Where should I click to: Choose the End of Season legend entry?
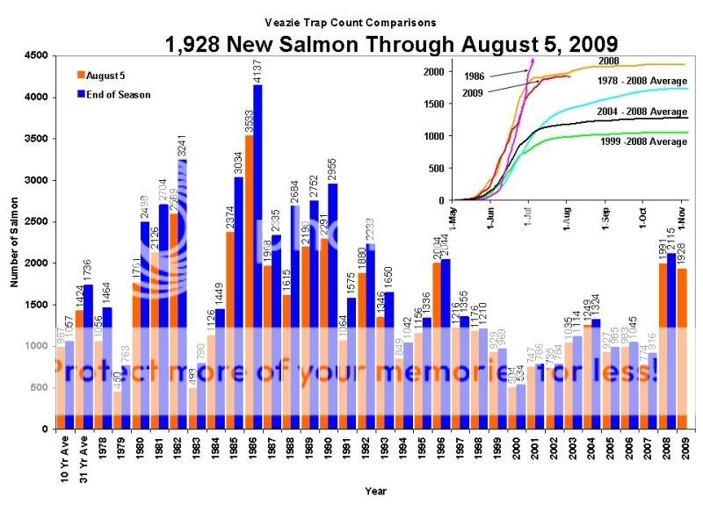pyautogui.click(x=116, y=93)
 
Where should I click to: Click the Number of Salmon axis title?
pyautogui.click(x=16, y=242)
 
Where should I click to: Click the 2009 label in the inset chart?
pyautogui.click(x=472, y=92)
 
